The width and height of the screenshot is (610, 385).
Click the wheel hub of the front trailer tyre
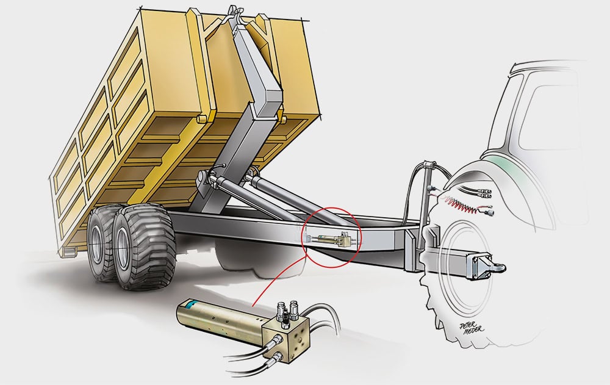tap(124, 249)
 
